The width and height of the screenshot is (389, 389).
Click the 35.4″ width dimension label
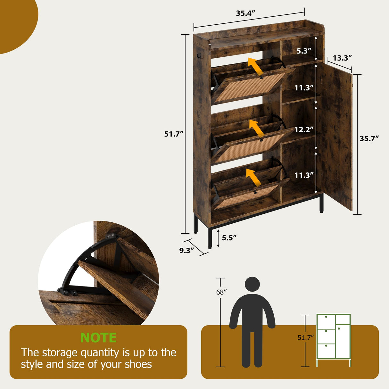(x=245, y=13)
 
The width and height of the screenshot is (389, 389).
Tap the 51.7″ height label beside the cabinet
(x=174, y=134)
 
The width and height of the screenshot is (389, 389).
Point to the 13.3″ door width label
(x=342, y=58)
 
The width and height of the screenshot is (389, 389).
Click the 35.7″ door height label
(x=369, y=138)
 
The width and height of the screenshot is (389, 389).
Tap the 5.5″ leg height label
(x=229, y=238)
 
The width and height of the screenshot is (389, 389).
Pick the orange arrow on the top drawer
(x=256, y=67)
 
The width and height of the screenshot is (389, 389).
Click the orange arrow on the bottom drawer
(x=253, y=178)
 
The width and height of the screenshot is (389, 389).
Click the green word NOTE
(x=98, y=338)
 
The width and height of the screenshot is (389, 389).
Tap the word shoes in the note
(x=138, y=364)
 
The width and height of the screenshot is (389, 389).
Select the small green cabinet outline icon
(x=334, y=340)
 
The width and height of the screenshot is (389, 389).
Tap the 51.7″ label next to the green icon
(x=305, y=338)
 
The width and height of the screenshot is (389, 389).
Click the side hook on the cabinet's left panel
(x=199, y=57)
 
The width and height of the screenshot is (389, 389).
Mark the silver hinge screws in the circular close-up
(x=111, y=236)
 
